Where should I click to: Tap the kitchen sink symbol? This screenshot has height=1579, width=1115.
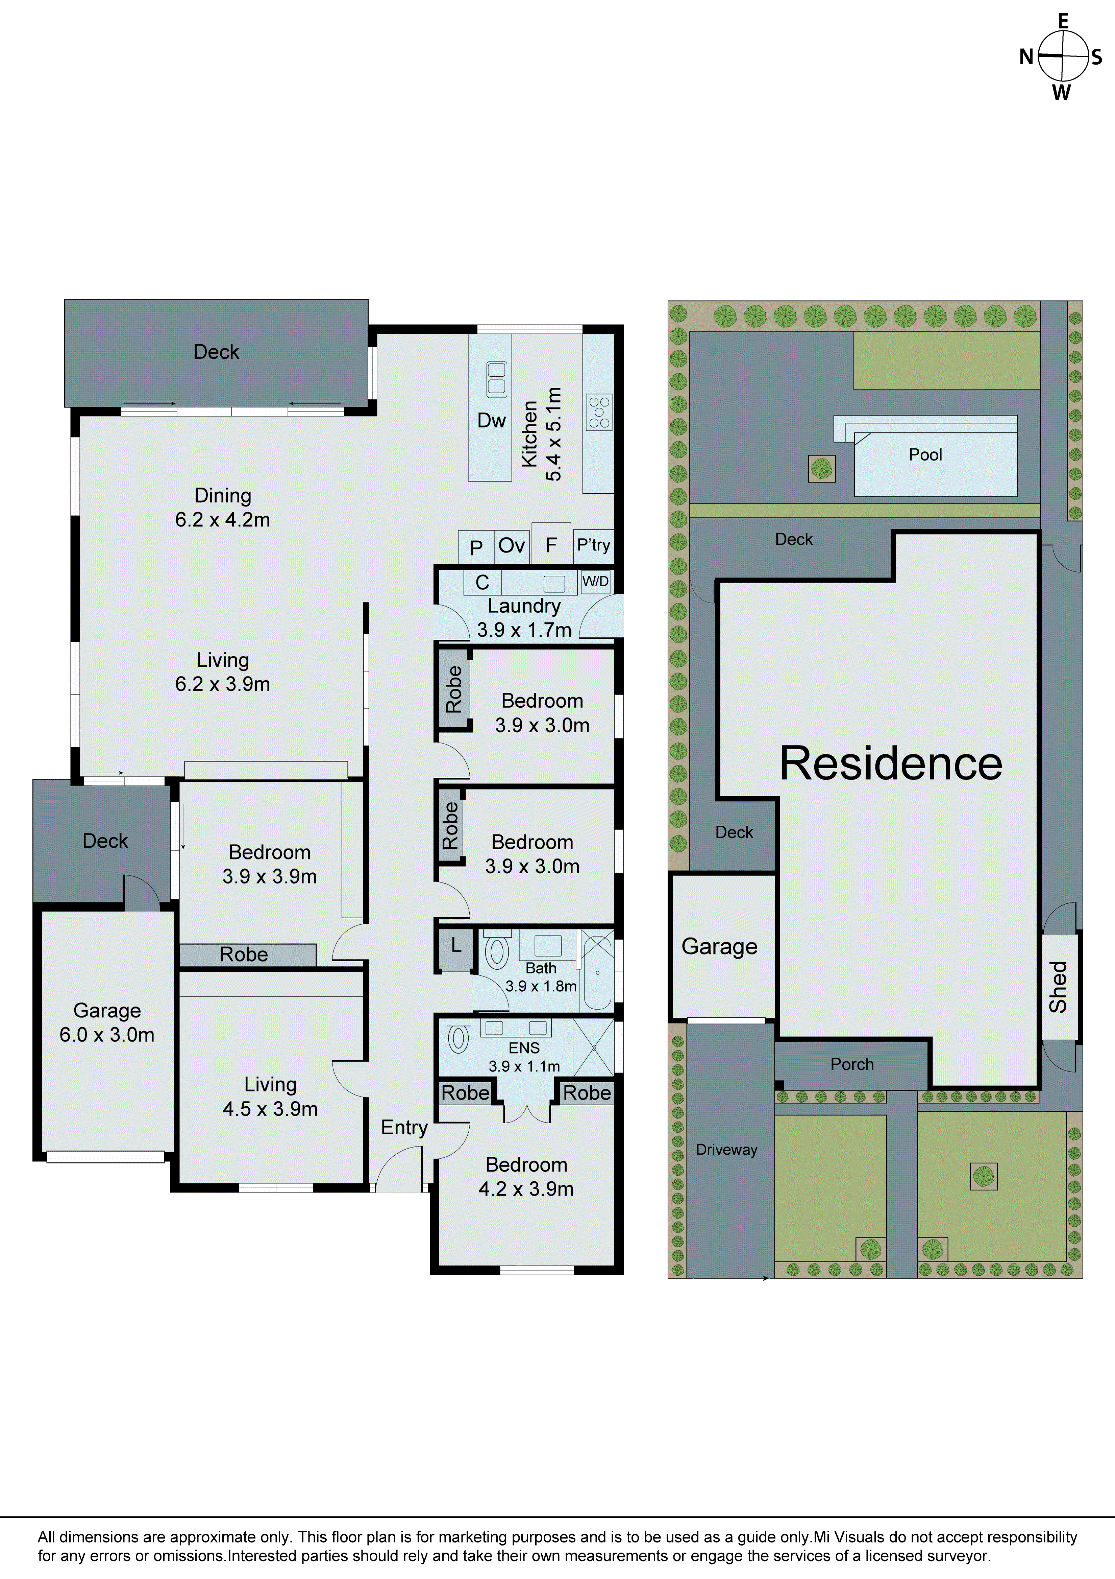tap(496, 379)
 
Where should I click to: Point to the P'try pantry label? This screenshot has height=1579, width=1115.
tap(593, 545)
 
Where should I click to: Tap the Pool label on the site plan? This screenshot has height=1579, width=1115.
tap(925, 454)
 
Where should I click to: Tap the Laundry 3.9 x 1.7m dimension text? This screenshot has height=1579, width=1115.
tap(524, 630)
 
